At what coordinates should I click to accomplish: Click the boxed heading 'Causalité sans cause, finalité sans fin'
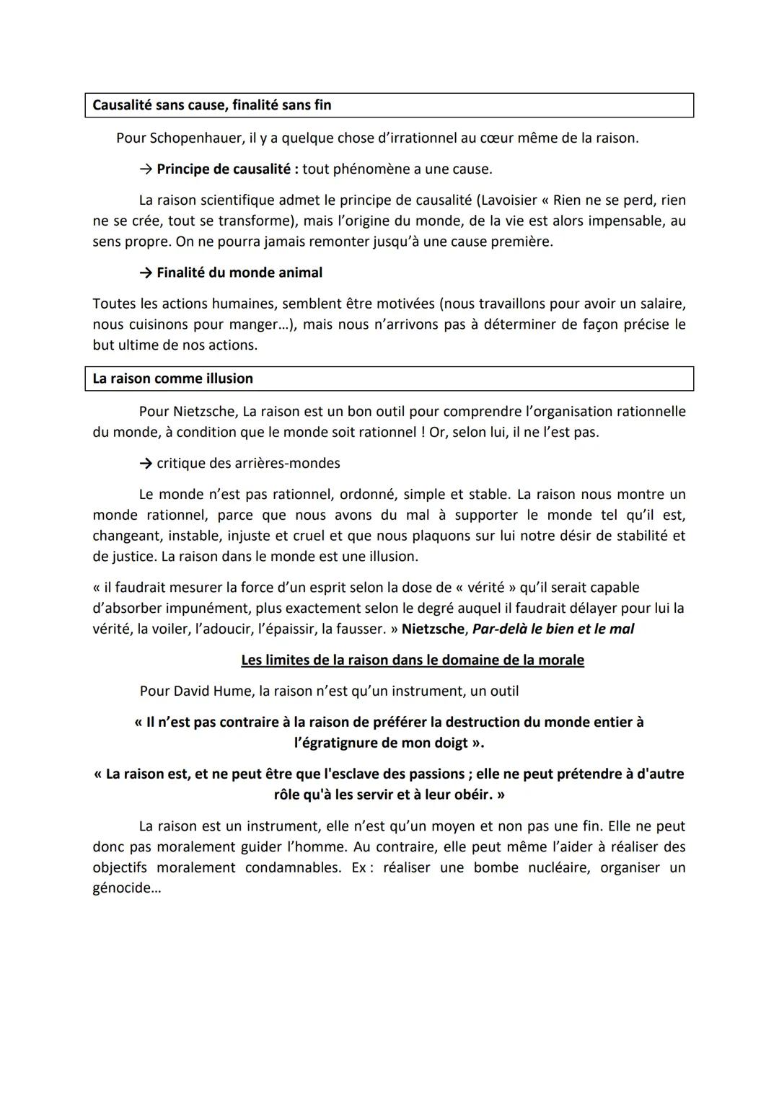(211, 105)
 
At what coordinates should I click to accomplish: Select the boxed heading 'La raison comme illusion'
(172, 379)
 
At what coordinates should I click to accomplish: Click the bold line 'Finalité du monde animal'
(239, 273)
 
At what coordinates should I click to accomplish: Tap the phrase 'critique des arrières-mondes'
(248, 463)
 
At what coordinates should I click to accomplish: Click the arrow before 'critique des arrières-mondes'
(146, 463)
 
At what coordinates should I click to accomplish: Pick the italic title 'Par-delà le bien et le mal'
(553, 629)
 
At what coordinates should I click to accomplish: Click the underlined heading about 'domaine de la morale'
(412, 660)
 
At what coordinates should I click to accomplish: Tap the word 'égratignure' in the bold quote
(340, 743)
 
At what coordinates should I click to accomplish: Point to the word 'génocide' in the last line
(122, 888)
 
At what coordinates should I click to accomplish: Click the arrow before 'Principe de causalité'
(146, 169)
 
